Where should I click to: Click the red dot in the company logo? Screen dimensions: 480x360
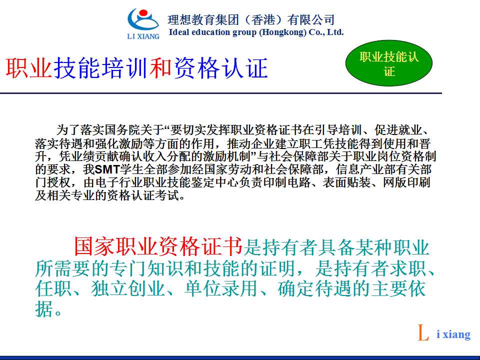tap(143, 14)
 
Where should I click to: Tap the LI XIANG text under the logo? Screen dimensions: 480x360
tap(143, 36)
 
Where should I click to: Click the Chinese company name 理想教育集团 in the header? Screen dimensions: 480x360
tap(203, 20)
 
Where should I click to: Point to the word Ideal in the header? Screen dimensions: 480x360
tap(179, 32)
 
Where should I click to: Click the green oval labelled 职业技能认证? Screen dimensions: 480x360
tap(389, 63)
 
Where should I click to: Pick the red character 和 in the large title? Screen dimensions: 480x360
tap(161, 67)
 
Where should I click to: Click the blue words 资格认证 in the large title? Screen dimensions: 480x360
tap(220, 67)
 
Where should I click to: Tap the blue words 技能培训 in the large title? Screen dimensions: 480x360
tap(102, 67)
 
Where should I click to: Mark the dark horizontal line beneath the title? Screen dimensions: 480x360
tap(221, 93)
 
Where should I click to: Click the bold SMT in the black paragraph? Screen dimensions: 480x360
tap(107, 169)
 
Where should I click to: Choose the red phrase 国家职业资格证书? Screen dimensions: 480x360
tap(158, 246)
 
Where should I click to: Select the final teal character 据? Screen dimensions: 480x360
tap(44, 308)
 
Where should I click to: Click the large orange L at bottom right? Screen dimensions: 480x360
tap(423, 333)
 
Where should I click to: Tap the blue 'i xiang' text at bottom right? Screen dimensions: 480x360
tap(453, 334)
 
